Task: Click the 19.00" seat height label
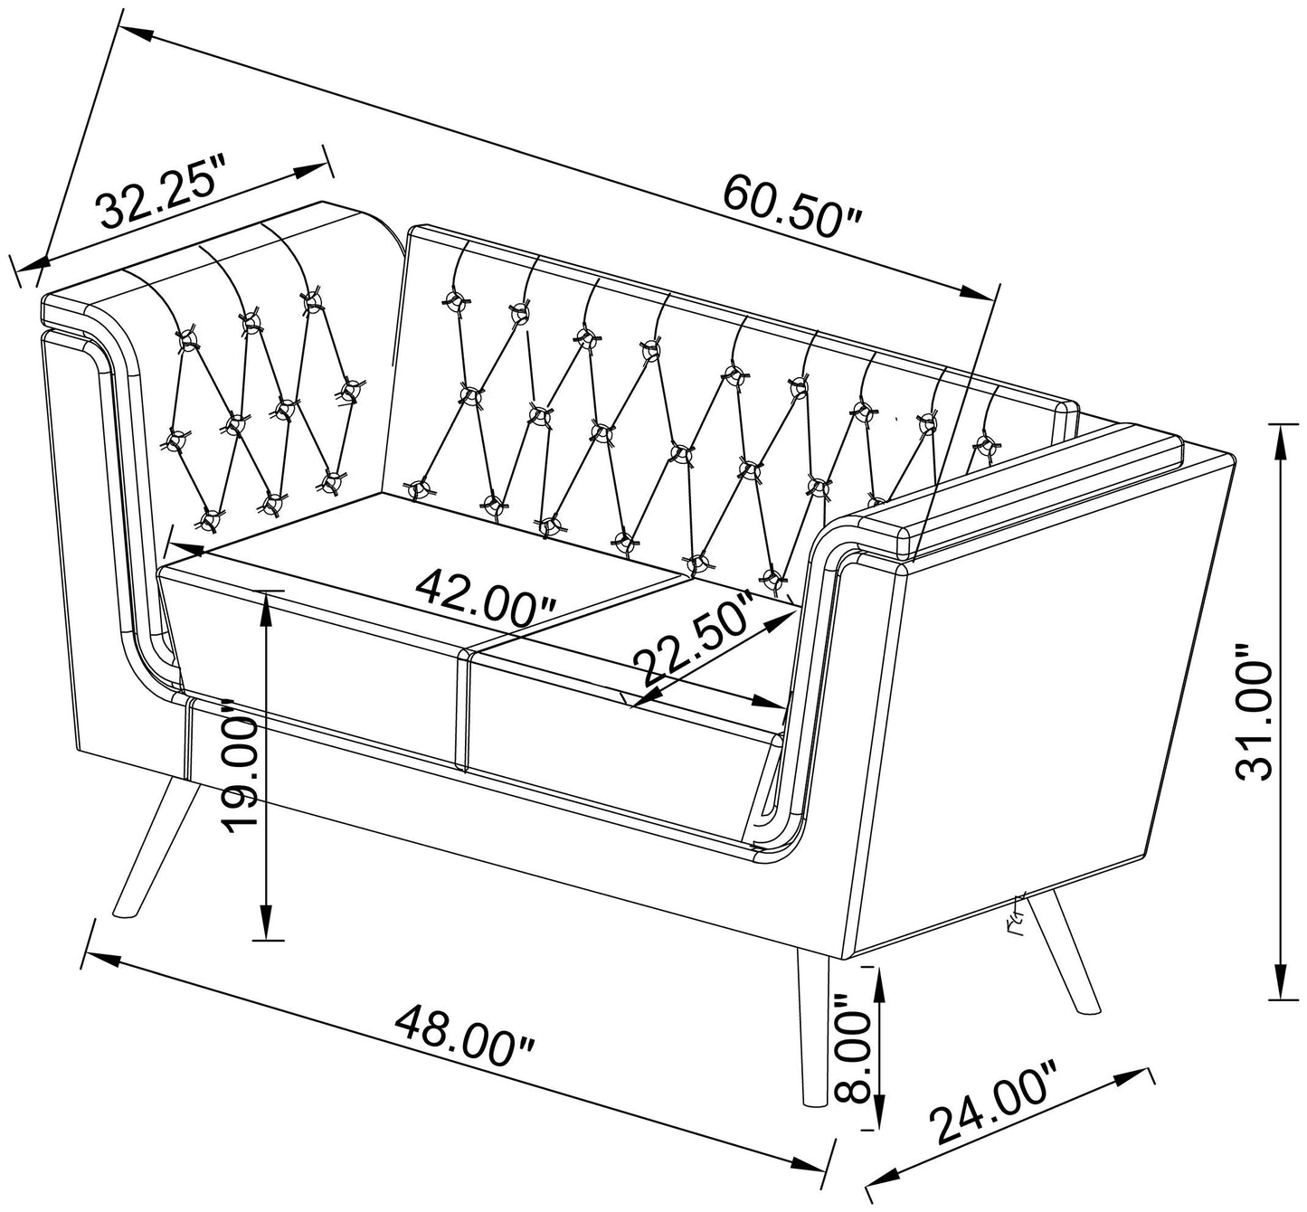(x=238, y=765)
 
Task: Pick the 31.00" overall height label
(x=1255, y=712)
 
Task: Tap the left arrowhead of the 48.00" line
(x=103, y=959)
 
